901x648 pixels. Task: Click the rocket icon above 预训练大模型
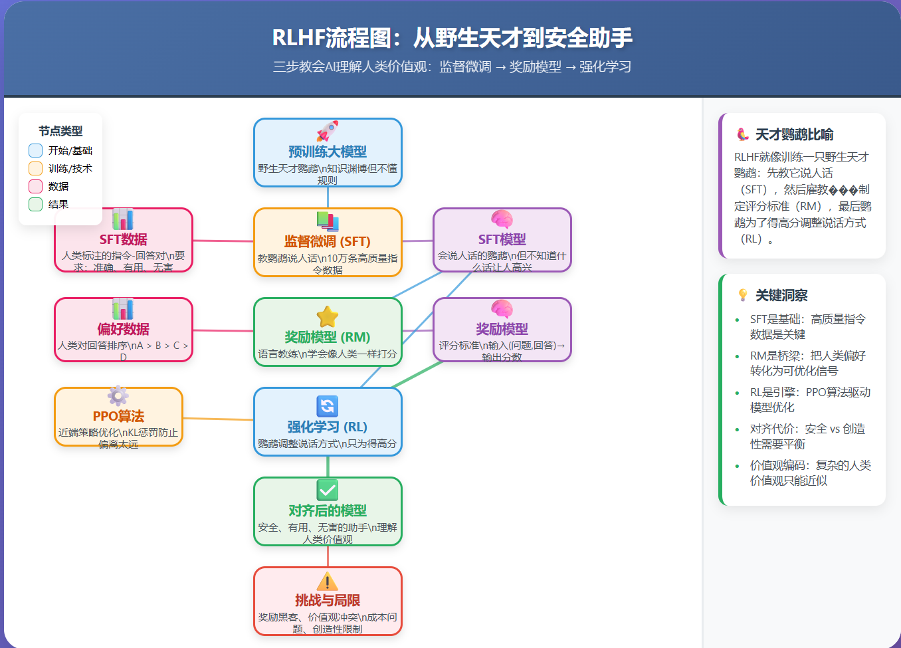tap(328, 132)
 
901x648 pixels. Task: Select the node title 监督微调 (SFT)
tap(328, 241)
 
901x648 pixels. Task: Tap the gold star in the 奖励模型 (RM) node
tap(328, 317)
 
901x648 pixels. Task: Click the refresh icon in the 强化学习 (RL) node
tap(328, 406)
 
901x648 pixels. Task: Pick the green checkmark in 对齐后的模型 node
tap(328, 490)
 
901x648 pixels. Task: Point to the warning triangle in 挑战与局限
tap(328, 582)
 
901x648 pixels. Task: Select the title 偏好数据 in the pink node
tap(124, 329)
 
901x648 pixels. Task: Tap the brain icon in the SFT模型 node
tap(502, 219)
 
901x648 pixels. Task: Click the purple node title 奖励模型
tap(502, 329)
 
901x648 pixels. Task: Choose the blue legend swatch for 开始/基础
tap(36, 151)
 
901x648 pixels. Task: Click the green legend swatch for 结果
tap(36, 205)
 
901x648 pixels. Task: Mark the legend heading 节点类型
tap(60, 131)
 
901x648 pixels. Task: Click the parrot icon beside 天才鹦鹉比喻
tap(743, 135)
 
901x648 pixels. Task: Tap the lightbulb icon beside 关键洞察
tap(743, 295)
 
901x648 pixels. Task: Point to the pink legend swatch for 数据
tap(36, 187)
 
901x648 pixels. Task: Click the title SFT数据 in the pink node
tap(124, 239)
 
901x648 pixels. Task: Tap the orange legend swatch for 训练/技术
tap(36, 169)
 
